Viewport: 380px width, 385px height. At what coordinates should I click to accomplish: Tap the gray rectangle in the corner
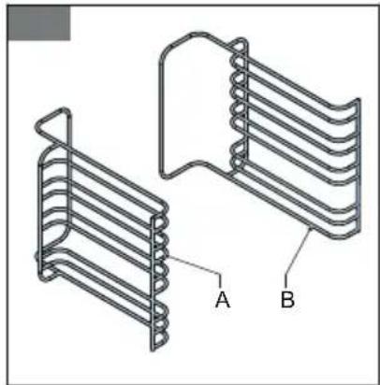coord(39,24)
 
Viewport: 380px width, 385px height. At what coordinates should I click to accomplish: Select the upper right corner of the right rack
coord(356,99)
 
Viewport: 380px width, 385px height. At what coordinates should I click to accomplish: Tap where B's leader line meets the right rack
coord(309,227)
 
